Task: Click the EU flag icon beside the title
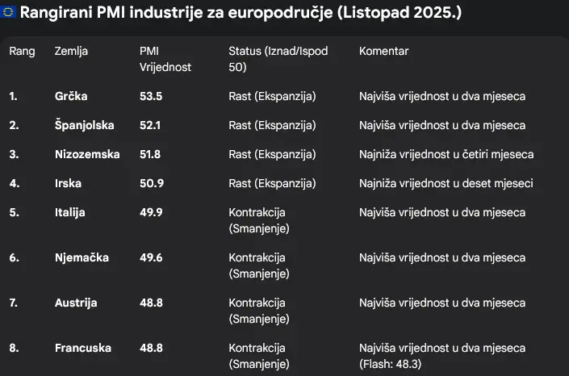click(x=8, y=15)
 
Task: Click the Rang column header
click(x=22, y=51)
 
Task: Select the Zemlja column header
click(x=71, y=51)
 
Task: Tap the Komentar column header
click(x=383, y=51)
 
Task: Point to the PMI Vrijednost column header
click(x=165, y=59)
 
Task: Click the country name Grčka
click(x=71, y=96)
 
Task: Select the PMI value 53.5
click(x=152, y=96)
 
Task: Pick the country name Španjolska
click(x=84, y=125)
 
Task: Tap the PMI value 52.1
click(x=152, y=125)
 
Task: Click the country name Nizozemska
click(x=87, y=154)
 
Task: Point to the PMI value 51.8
click(x=152, y=154)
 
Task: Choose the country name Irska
click(x=69, y=183)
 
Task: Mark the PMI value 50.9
click(x=152, y=183)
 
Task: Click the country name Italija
click(x=70, y=212)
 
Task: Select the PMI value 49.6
click(x=152, y=257)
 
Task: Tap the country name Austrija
click(x=76, y=303)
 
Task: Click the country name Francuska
click(x=82, y=348)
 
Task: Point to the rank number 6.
click(x=14, y=257)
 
